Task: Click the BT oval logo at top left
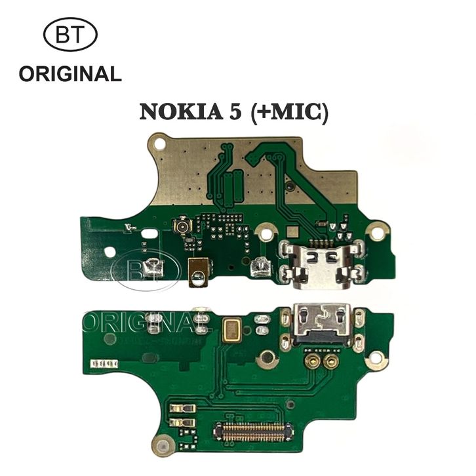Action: (70, 35)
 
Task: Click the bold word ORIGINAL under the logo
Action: (70, 74)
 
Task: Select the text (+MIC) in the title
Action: (288, 112)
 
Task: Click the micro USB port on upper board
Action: (323, 262)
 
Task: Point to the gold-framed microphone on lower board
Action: (231, 330)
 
